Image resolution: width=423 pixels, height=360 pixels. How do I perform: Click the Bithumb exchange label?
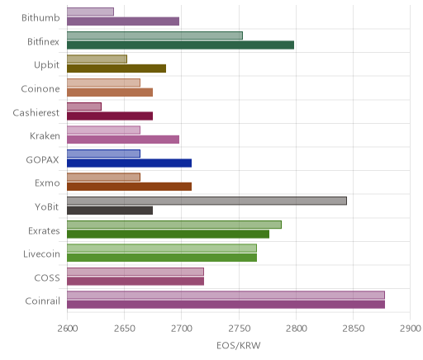[40, 17]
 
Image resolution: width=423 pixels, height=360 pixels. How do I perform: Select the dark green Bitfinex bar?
[180, 45]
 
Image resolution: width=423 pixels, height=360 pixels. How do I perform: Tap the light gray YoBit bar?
[207, 201]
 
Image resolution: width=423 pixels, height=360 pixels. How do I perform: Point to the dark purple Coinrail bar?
[226, 305]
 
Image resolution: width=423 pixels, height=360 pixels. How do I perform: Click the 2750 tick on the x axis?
[239, 329]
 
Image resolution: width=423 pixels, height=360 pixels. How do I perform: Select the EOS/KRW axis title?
[239, 345]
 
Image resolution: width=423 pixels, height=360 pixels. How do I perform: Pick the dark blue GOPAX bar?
[129, 163]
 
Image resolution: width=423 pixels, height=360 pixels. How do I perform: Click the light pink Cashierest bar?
[84, 107]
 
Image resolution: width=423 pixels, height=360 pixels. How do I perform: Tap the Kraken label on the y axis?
[45, 136]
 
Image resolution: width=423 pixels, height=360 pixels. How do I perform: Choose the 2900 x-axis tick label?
[411, 329]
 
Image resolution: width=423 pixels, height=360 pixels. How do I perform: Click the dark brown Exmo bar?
[129, 187]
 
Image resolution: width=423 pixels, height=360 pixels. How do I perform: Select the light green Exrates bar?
[174, 225]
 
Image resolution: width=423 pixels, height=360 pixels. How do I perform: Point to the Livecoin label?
[41, 254]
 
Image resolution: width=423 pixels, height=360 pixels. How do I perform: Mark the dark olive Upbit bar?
[116, 69]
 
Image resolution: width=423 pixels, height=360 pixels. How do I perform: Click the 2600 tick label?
[68, 329]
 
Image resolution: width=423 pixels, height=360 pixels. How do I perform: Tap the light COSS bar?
[135, 272]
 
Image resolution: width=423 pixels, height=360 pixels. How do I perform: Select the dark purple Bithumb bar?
[123, 21]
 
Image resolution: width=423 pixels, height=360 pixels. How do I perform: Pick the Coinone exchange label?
[40, 89]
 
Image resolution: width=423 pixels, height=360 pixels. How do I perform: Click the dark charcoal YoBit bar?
[110, 211]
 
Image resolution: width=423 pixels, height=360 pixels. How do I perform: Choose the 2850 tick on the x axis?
[354, 329]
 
